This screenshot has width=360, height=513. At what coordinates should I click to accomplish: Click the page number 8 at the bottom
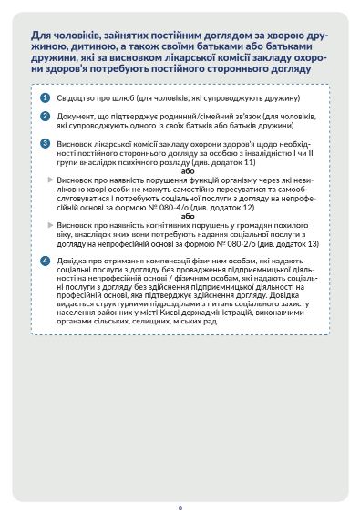click(x=180, y=482)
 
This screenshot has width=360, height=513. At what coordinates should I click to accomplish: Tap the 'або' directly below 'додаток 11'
click(x=188, y=170)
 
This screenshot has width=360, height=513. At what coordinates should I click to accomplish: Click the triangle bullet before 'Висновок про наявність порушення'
click(x=51, y=180)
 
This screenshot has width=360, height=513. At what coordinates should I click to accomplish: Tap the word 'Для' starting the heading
click(x=40, y=33)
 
